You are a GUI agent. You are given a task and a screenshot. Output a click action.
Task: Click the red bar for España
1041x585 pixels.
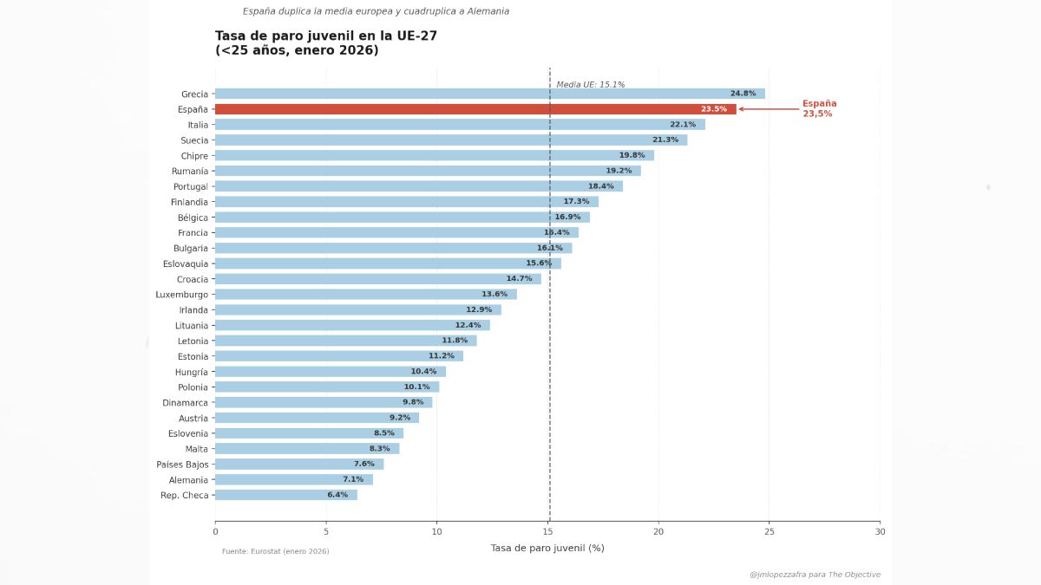475,109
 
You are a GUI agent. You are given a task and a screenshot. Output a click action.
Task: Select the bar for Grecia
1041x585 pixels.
490,94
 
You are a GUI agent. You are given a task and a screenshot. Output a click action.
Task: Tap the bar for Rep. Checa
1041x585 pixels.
286,495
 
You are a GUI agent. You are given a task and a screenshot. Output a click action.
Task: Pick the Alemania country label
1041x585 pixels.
188,480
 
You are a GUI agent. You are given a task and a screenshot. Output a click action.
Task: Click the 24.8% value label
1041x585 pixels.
743,94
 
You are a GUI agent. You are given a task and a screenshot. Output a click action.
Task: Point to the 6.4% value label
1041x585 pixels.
337,495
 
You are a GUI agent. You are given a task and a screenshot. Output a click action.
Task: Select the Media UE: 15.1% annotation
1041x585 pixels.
590,85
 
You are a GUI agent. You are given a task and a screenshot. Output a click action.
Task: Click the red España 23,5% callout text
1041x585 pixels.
819,108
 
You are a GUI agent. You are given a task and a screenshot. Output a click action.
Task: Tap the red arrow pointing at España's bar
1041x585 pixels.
769,109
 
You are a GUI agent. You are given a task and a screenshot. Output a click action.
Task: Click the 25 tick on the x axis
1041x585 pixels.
769,531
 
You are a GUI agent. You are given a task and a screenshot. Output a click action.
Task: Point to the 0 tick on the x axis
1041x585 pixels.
215,531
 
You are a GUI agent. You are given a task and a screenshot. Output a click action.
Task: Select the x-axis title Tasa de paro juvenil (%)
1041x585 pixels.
547,548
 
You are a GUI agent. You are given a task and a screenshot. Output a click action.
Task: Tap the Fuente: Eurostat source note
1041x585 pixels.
275,551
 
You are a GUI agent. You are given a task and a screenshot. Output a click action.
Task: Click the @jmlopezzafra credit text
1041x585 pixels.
815,575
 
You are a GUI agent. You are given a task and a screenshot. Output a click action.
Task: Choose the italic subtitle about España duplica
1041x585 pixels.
376,11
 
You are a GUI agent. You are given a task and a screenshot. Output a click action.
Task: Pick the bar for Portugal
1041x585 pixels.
419,186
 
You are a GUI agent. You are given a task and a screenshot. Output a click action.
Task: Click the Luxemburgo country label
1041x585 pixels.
182,295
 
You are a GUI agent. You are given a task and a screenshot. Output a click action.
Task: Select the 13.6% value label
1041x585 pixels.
494,295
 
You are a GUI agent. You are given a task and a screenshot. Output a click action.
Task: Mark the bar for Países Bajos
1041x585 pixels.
299,465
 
